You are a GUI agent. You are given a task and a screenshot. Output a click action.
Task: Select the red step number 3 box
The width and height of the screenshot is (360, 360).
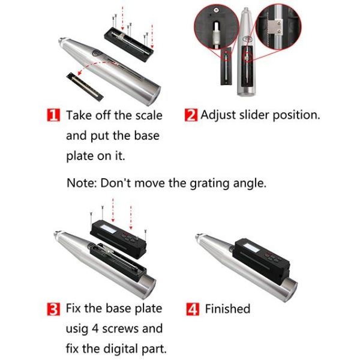[53, 310]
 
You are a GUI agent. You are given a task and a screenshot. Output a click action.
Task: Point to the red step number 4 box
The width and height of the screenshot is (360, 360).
[193, 310]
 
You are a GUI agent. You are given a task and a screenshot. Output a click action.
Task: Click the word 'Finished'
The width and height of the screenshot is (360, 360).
[227, 309]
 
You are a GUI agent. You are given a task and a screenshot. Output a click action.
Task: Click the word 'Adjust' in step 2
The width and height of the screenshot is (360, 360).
[220, 115]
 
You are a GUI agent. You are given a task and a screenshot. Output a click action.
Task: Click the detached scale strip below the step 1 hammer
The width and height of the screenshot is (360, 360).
[86, 83]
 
